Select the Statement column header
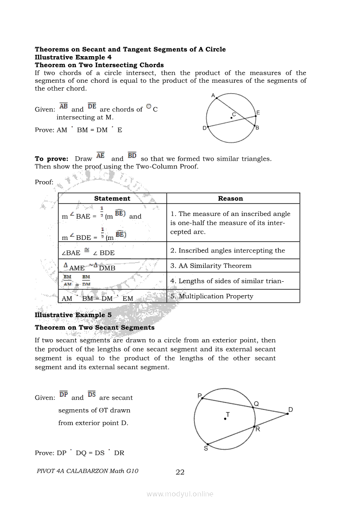(112, 199)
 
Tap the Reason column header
(230, 199)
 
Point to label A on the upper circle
(213, 95)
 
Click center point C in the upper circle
(231, 118)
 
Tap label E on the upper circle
(258, 113)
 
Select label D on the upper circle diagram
(204, 128)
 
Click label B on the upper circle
(258, 128)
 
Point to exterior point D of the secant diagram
(288, 414)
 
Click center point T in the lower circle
(225, 418)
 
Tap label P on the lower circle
(199, 396)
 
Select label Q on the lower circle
(256, 404)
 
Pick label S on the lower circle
(206, 448)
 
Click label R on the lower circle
(258, 429)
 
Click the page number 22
(180, 472)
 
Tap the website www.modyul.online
(180, 494)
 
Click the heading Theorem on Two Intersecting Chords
(99, 65)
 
